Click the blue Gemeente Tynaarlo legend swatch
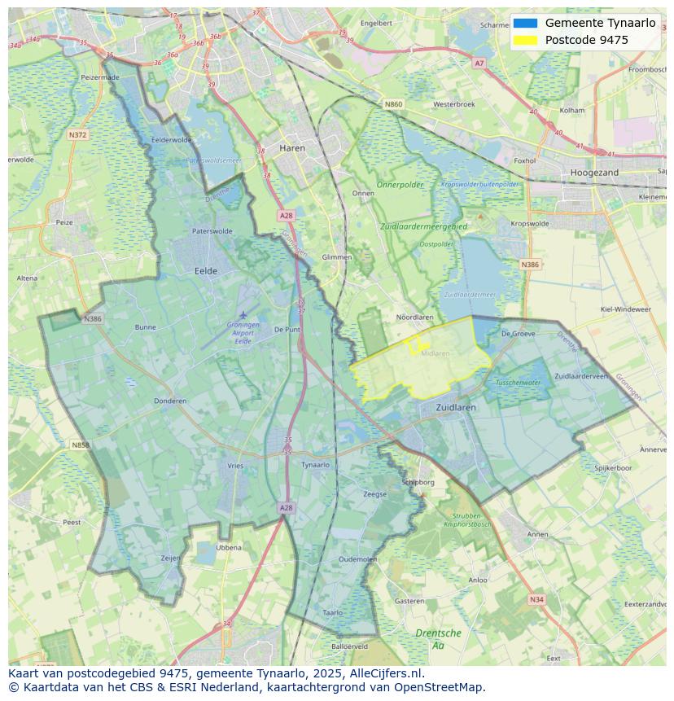point(526,23)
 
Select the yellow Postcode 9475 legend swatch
point(526,40)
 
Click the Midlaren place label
point(435,353)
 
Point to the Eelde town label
point(206,270)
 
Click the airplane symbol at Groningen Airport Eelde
point(243,314)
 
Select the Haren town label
point(291,148)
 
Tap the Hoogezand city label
point(594,173)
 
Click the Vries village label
point(235,466)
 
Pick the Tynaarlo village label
point(315,465)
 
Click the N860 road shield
point(393,104)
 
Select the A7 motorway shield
point(479,63)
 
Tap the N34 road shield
point(536,599)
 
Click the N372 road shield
point(77,134)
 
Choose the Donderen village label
point(170,401)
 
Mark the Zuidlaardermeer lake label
point(470,295)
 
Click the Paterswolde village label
point(212,231)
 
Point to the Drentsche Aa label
point(438,638)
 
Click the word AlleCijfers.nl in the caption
point(385,673)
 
